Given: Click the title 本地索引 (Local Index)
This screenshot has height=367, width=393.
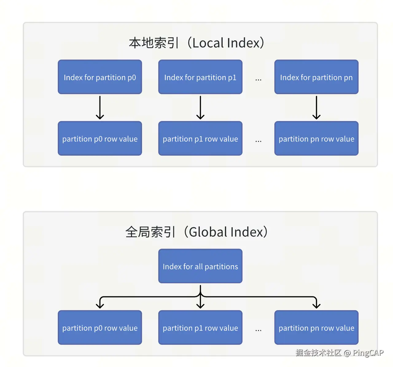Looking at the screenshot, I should pyautogui.click(x=196, y=43).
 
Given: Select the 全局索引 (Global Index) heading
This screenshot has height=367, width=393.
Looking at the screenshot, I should pyautogui.click(x=196, y=232).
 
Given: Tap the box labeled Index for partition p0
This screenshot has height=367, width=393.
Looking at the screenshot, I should pyautogui.click(x=100, y=77).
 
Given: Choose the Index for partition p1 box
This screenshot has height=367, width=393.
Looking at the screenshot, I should pyautogui.click(x=200, y=77).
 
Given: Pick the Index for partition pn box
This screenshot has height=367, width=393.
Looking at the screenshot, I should pyautogui.click(x=316, y=77).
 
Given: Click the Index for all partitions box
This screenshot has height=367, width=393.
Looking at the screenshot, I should pyautogui.click(x=200, y=266).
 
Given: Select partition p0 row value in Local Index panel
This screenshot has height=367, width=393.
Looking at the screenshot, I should pyautogui.click(x=100, y=139).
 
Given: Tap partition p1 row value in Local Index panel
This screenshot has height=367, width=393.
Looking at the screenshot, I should pyautogui.click(x=200, y=139).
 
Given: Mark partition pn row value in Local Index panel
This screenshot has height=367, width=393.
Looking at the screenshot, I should pyautogui.click(x=316, y=139).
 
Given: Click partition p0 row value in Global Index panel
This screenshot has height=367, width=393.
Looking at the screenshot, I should pyautogui.click(x=100, y=328).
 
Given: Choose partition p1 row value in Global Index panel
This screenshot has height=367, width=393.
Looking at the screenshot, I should pyautogui.click(x=200, y=328).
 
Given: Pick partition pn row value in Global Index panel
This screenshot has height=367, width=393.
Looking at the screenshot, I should pyautogui.click(x=316, y=328).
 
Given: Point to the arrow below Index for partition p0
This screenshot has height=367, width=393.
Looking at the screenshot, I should pyautogui.click(x=100, y=107).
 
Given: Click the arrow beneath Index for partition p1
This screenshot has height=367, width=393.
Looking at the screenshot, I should pyautogui.click(x=200, y=107).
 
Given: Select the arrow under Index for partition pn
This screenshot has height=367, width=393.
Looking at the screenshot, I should pyautogui.click(x=316, y=107).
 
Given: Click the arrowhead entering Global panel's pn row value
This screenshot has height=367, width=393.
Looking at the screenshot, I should pyautogui.click(x=316, y=305).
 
